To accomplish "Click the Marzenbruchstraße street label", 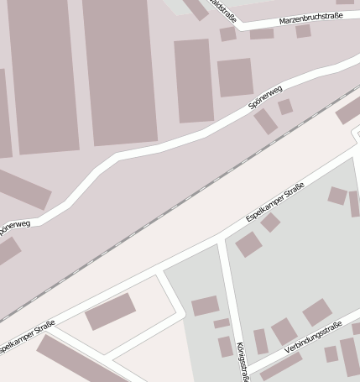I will (x=310, y=18).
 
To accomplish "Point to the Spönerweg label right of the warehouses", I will (x=265, y=97).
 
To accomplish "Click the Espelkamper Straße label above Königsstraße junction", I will (x=274, y=206).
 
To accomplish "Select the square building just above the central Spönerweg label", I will (x=235, y=77).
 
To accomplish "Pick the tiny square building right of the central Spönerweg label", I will (x=285, y=107).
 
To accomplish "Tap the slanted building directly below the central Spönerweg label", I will (x=265, y=121).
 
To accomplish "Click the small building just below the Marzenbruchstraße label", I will (x=303, y=31).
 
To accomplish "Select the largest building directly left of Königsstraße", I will (x=205, y=306).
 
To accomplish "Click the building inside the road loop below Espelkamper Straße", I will (x=110, y=311).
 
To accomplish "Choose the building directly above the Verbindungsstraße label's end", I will (x=316, y=312).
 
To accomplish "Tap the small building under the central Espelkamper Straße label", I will (x=270, y=222).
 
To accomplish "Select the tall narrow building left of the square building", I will (x=193, y=80).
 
